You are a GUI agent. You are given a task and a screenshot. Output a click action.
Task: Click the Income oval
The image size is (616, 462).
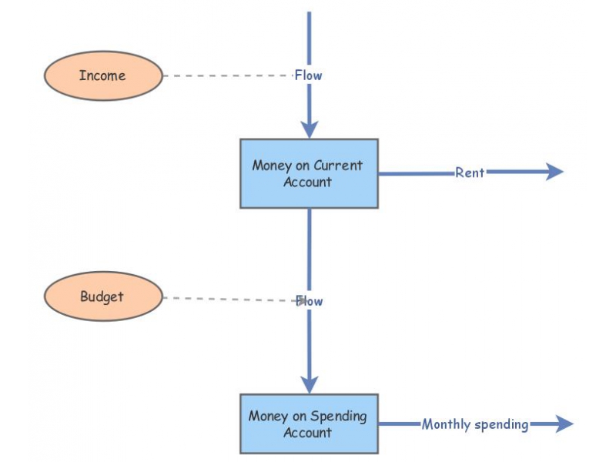point(102,75)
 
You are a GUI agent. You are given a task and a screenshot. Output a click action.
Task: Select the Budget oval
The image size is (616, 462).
point(102,296)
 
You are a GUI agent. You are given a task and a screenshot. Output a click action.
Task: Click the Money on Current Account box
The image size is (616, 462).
point(308,173)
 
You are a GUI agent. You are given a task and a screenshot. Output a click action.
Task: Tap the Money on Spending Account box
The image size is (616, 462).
point(308,423)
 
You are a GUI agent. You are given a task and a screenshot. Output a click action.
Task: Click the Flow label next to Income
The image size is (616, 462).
point(309,75)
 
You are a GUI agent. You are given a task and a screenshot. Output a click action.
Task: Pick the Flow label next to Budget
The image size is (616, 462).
point(309,301)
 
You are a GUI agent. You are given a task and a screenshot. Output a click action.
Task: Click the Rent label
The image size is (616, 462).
point(469,172)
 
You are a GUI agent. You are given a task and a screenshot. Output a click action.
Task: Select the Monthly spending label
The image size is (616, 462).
point(475,424)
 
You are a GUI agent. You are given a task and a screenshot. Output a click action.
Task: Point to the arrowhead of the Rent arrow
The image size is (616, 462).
point(556,172)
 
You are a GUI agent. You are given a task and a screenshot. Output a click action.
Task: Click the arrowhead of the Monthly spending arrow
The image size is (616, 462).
point(565,423)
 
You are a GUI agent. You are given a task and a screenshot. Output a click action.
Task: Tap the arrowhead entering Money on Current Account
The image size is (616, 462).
point(309,129)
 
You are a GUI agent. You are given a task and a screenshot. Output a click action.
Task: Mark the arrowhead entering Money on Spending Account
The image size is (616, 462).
point(309,384)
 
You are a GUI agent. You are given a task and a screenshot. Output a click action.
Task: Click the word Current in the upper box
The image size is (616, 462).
point(338,166)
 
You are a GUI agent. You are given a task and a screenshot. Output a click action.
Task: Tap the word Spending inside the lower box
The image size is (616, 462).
point(340,416)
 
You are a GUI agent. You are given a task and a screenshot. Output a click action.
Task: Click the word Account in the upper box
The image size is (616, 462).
point(307,182)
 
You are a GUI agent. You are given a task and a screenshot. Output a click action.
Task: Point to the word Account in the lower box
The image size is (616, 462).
point(307,433)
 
